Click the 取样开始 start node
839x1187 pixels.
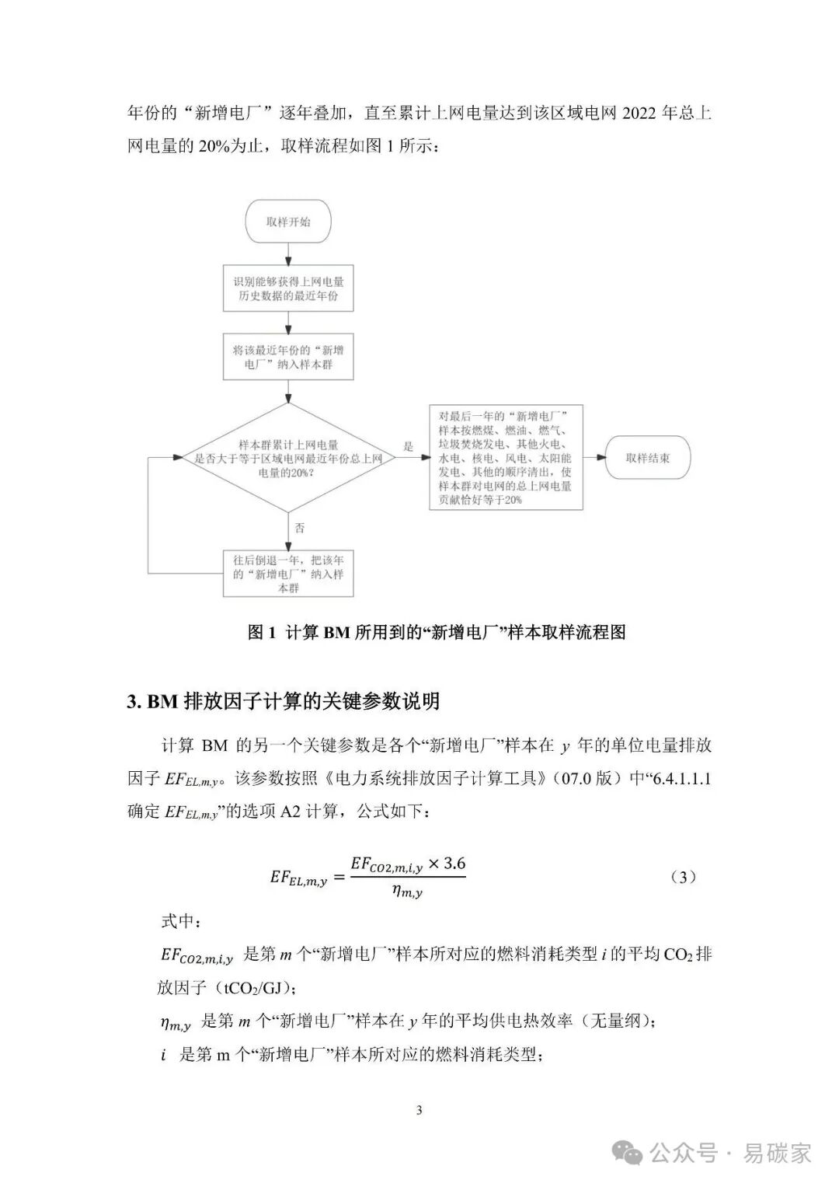pyautogui.click(x=288, y=222)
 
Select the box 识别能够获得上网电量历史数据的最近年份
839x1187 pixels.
pyautogui.click(x=288, y=289)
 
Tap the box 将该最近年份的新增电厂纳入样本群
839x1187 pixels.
pyautogui.click(x=288, y=358)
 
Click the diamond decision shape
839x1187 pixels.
pyautogui.click(x=288, y=458)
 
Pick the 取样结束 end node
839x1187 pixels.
pyautogui.click(x=647, y=458)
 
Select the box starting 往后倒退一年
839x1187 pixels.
pyautogui.click(x=288, y=574)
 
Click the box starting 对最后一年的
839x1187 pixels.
pyautogui.click(x=506, y=458)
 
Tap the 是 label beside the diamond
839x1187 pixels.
pyautogui.click(x=409, y=446)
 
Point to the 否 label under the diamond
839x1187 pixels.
pyautogui.click(x=300, y=528)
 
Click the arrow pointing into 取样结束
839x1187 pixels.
pyautogui.click(x=594, y=458)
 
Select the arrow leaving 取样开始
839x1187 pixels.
pyautogui.click(x=288, y=255)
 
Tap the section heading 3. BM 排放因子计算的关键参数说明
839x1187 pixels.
pyautogui.click(x=284, y=701)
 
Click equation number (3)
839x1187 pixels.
pyautogui.click(x=682, y=878)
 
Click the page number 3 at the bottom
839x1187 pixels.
pyautogui.click(x=419, y=1110)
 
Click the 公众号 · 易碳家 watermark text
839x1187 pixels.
pyautogui.click(x=730, y=1153)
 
